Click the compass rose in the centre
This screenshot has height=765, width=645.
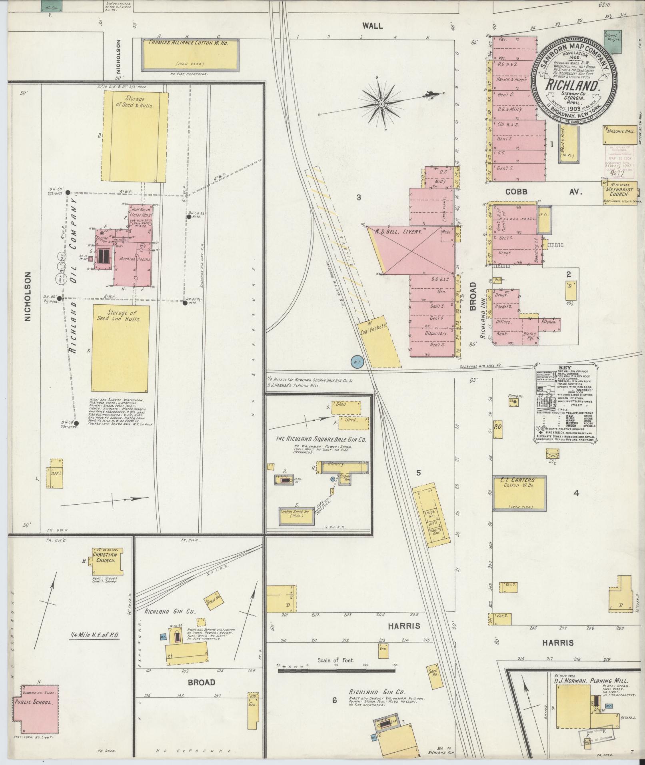(381, 105)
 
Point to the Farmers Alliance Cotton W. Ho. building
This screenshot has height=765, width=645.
(191, 54)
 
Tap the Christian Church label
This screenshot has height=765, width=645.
(105, 557)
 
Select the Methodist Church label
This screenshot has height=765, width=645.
(619, 192)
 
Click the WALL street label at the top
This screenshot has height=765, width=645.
(372, 26)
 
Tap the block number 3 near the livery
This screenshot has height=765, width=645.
(359, 197)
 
